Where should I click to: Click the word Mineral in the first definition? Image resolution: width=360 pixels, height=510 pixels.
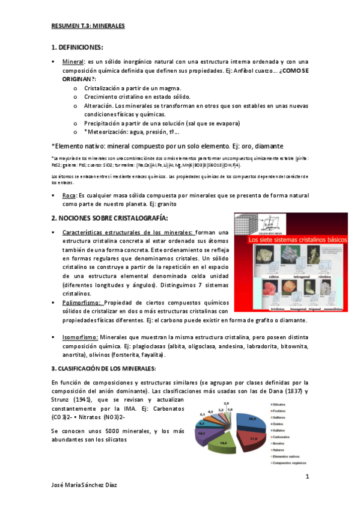tap(74, 61)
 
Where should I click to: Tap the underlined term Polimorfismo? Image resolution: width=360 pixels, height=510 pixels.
tap(82, 303)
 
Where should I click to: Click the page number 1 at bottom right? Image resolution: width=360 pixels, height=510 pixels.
tap(307, 477)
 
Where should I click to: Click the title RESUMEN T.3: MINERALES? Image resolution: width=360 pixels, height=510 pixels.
tap(87, 26)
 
